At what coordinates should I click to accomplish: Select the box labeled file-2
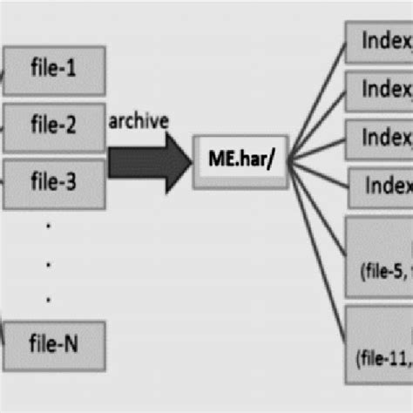pos(54,124)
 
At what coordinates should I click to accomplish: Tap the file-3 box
pos(54,182)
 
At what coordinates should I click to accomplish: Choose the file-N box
pos(54,343)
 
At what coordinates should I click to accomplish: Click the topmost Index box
pos(379,42)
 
